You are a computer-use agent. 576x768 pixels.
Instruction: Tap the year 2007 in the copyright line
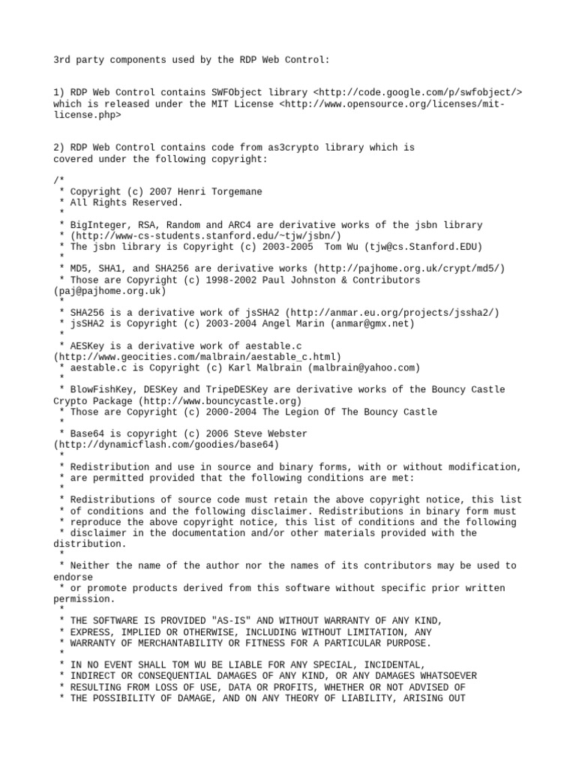point(160,192)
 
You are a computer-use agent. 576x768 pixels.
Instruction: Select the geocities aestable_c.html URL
point(196,357)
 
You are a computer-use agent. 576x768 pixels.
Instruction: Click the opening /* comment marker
point(58,181)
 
